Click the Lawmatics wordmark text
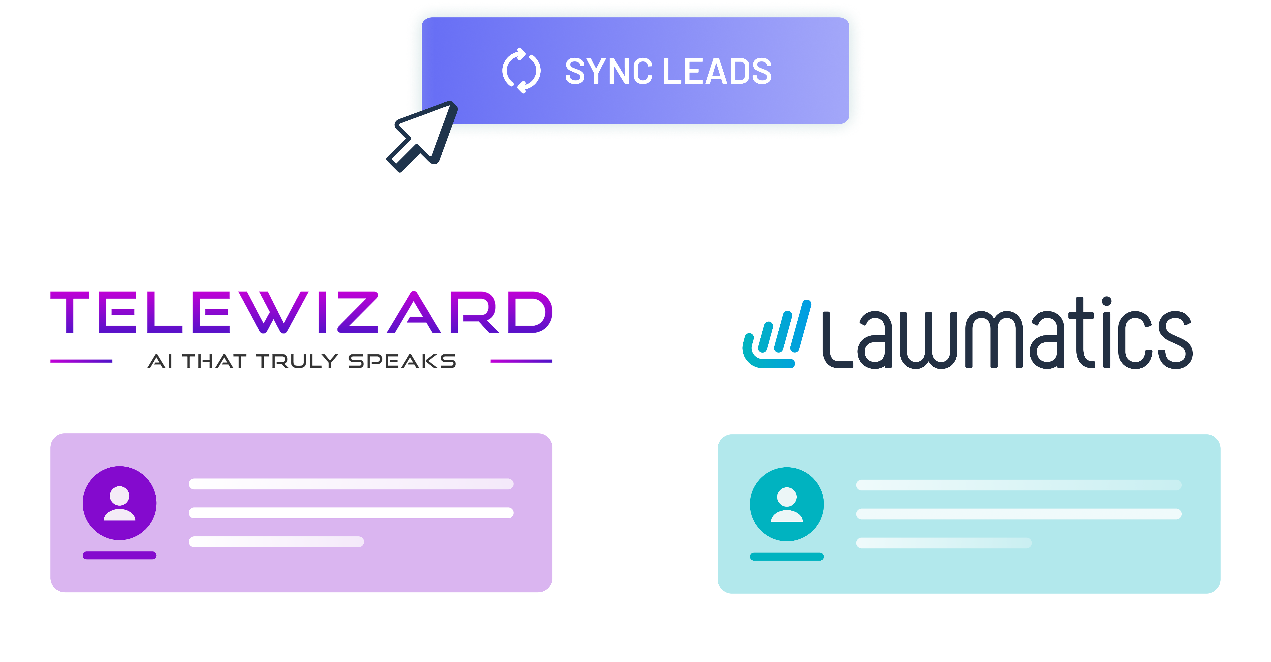(x=1007, y=336)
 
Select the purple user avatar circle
(x=119, y=503)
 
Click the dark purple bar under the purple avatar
(x=119, y=555)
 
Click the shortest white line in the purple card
(x=276, y=542)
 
